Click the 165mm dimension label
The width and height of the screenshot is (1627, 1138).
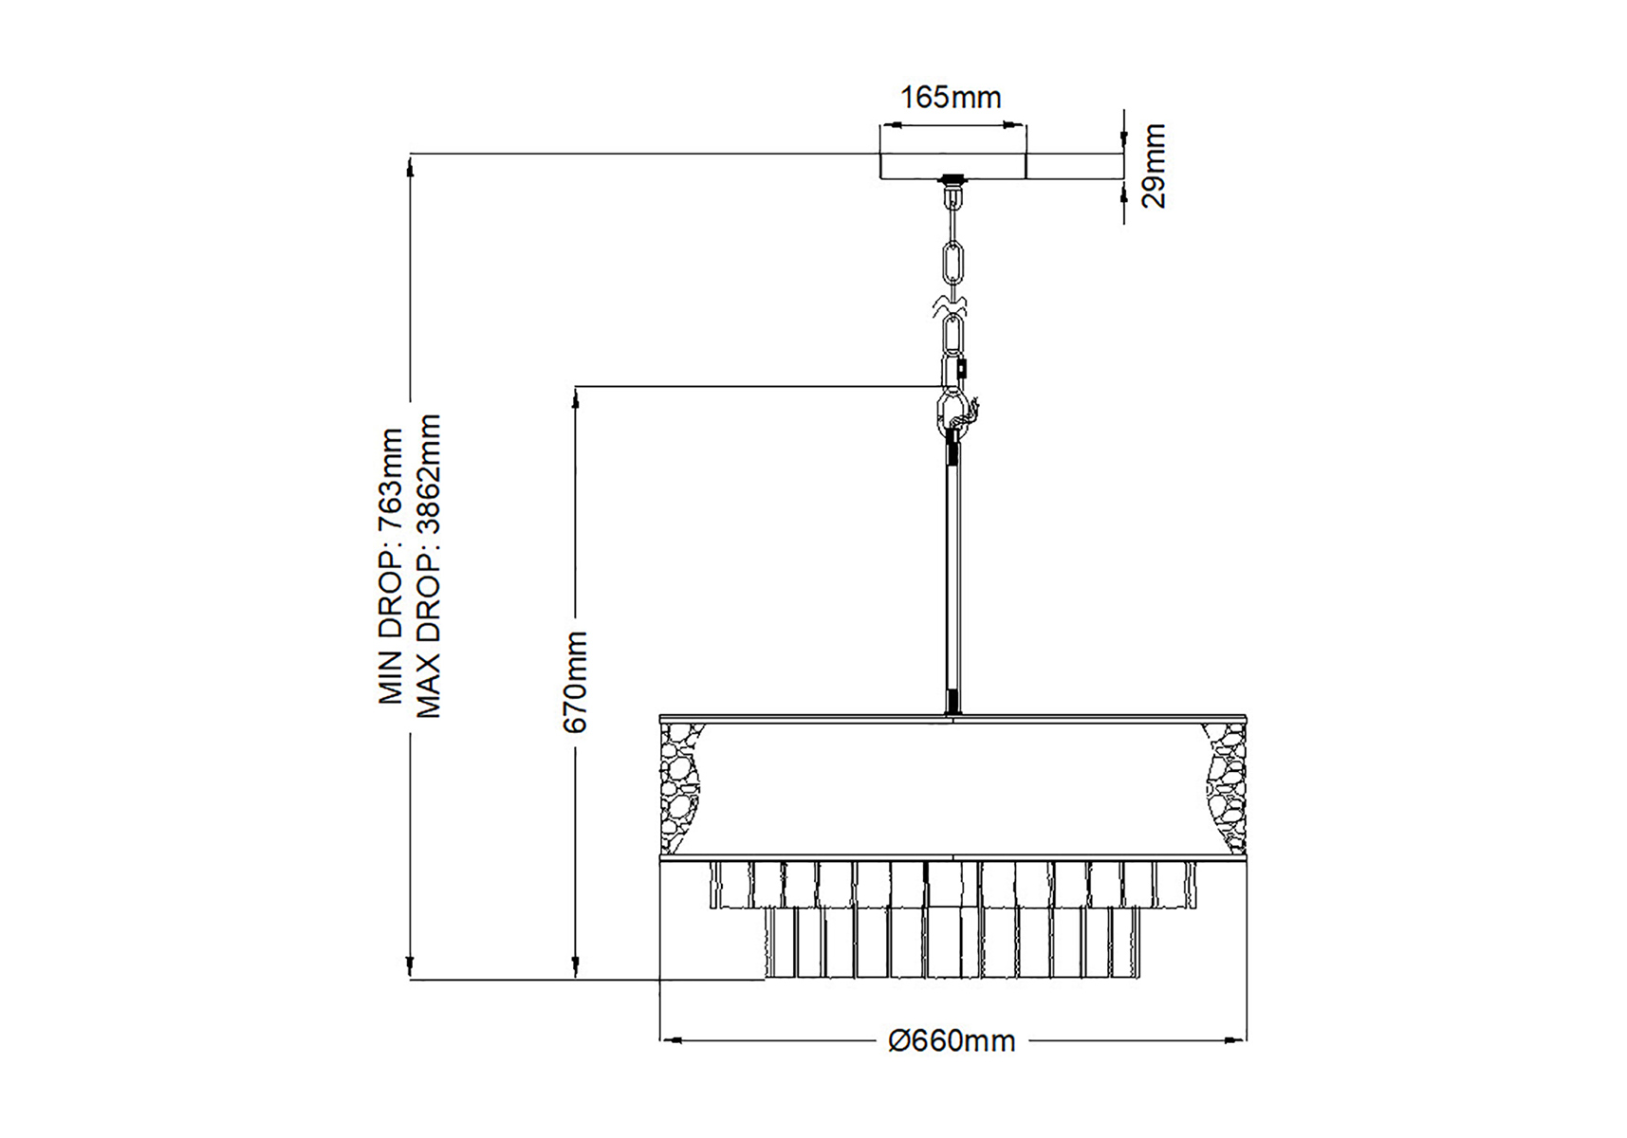pyautogui.click(x=950, y=97)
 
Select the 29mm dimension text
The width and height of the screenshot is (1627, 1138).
pyautogui.click(x=1153, y=166)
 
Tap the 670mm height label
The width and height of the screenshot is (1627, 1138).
pyautogui.click(x=575, y=681)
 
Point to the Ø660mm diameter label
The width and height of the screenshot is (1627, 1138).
pyautogui.click(x=952, y=1041)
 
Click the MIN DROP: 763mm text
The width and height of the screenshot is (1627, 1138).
pyautogui.click(x=391, y=566)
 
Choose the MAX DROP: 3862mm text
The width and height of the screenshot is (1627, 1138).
pyautogui.click(x=429, y=566)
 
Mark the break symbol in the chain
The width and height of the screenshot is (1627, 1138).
pyautogui.click(x=952, y=305)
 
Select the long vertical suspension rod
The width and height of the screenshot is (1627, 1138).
pyautogui.click(x=952, y=569)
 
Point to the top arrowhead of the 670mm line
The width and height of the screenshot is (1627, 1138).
pyautogui.click(x=576, y=396)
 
